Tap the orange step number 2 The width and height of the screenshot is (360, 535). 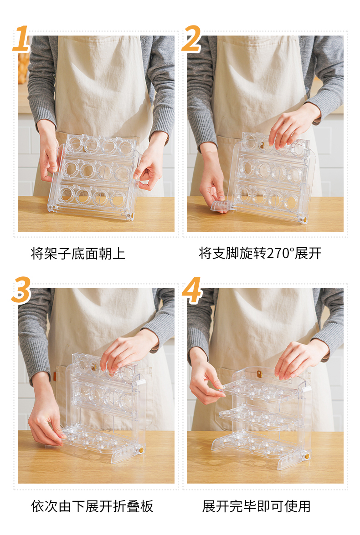click(191, 39)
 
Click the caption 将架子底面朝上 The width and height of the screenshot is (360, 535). click(78, 254)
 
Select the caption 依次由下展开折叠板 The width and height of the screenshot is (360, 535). click(92, 506)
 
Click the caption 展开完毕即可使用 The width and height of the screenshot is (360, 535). click(257, 506)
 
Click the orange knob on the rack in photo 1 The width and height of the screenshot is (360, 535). click(130, 216)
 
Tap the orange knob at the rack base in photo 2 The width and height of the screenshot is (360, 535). click(302, 220)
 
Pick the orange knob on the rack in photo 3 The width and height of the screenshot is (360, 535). click(141, 450)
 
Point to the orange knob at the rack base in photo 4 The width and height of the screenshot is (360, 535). click(307, 456)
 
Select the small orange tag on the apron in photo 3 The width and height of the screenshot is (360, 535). click(54, 377)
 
